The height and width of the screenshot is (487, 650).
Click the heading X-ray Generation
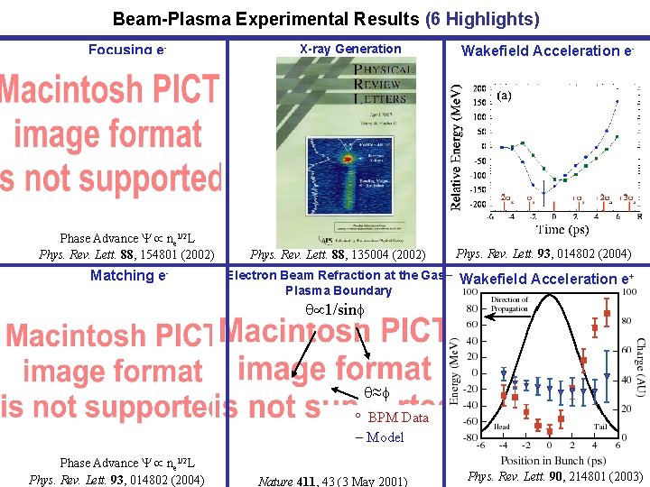tap(349, 50)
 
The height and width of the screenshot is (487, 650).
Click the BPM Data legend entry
tap(398, 418)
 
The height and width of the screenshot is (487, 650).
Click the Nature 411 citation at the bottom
tap(332, 481)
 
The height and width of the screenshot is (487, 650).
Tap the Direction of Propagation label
tap(510, 305)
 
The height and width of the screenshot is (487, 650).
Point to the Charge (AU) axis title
tap(639, 368)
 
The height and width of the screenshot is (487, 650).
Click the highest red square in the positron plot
tap(607, 313)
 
